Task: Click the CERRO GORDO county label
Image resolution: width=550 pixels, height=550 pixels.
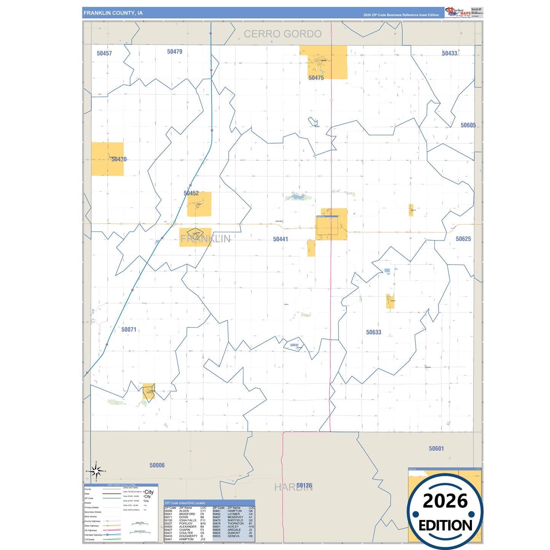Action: pyautogui.click(x=282, y=34)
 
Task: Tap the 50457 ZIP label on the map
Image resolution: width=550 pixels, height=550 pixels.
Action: pyautogui.click(x=104, y=53)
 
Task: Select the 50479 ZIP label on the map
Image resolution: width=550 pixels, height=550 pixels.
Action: pyautogui.click(x=175, y=52)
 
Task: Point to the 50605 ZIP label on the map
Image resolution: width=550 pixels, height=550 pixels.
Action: pyautogui.click(x=468, y=125)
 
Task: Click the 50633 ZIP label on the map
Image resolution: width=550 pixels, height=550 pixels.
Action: pyautogui.click(x=373, y=332)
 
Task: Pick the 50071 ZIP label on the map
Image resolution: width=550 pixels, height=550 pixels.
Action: pyautogui.click(x=129, y=330)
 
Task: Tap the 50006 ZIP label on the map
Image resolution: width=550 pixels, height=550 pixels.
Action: pyautogui.click(x=157, y=465)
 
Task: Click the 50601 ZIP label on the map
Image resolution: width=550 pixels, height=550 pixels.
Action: pyautogui.click(x=436, y=449)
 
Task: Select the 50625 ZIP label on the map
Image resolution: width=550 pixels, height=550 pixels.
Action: pyautogui.click(x=463, y=239)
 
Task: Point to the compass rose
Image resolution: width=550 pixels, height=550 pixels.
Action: pyautogui.click(x=96, y=471)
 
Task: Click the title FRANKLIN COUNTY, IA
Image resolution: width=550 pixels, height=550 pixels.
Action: pyautogui.click(x=113, y=13)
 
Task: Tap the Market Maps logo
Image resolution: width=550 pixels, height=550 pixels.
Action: pyautogui.click(x=458, y=13)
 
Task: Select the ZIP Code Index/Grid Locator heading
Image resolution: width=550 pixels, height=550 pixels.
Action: pyautogui.click(x=185, y=503)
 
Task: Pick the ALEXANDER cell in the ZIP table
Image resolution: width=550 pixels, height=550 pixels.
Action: pyautogui.click(x=188, y=527)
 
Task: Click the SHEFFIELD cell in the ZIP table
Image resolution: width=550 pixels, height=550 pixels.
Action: pyautogui.click(x=236, y=520)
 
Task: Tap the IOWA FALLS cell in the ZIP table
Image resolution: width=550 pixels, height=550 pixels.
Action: pyautogui.click(x=188, y=520)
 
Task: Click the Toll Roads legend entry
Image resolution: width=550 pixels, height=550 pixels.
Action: pyautogui.click(x=89, y=539)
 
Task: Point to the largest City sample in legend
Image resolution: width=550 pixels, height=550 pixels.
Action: pyautogui.click(x=149, y=492)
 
